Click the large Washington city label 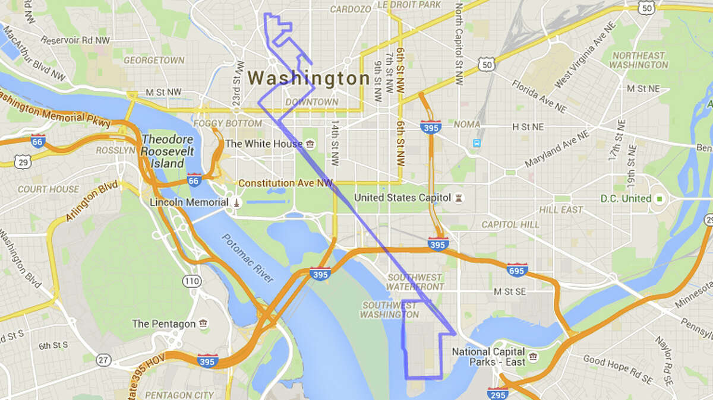[309, 78]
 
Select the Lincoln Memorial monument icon [236, 202]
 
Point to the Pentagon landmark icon [204, 324]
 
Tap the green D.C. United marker [658, 198]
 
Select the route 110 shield [191, 280]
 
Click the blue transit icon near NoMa [476, 143]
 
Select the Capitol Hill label [510, 225]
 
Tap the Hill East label [561, 210]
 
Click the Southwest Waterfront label [415, 282]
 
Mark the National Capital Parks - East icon [533, 356]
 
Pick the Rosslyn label [116, 151]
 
